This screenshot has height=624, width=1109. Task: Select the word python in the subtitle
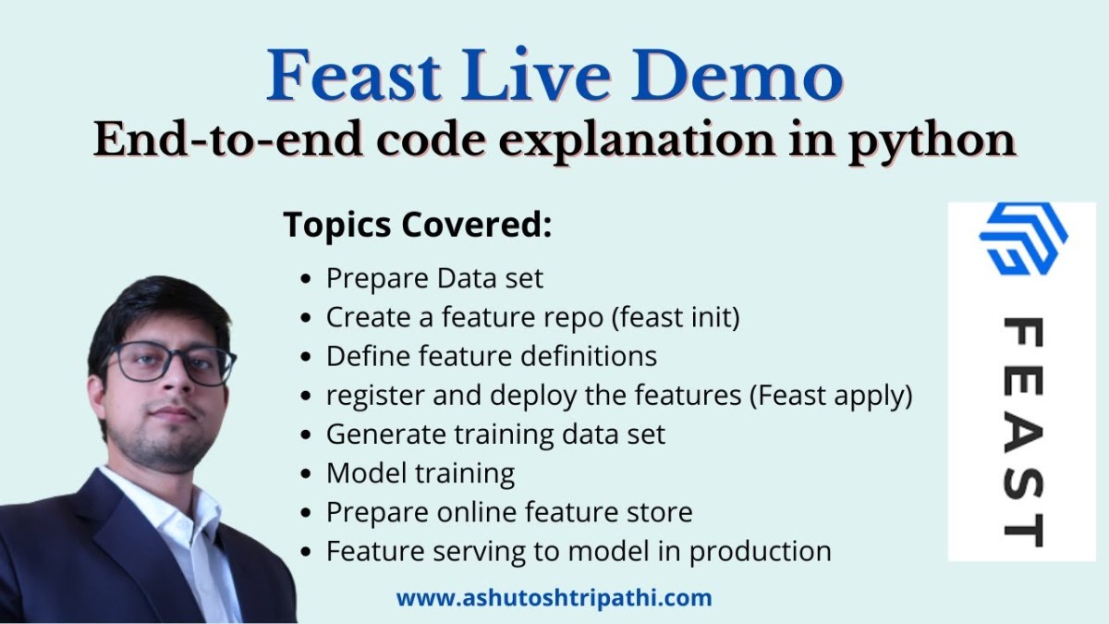(932, 142)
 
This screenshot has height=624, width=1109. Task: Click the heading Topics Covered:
(418, 226)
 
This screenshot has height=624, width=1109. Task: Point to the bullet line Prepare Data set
(434, 278)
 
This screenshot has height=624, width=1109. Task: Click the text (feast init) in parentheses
(676, 317)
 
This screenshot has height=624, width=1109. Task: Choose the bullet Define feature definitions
(491, 356)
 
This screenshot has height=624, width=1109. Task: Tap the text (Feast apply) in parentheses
(831, 396)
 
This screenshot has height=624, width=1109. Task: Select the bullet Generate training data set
(495, 434)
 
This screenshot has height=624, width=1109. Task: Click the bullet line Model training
(420, 473)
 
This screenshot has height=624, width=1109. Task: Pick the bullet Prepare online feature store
(509, 512)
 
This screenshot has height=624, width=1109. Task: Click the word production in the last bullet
(760, 552)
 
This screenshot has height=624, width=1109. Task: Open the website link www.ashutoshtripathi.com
(554, 598)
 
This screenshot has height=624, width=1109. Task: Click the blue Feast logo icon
(1023, 239)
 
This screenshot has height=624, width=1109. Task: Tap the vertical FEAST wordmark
(1023, 433)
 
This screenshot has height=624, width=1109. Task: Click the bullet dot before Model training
(306, 473)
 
